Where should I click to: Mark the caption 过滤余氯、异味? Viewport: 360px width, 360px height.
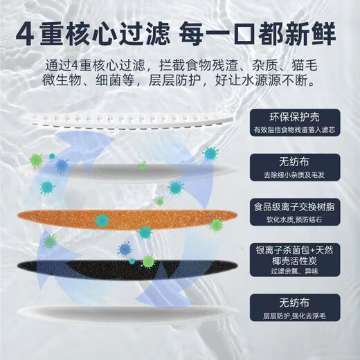pos(296,271)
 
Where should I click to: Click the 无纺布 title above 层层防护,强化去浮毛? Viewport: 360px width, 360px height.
pos(296,305)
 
